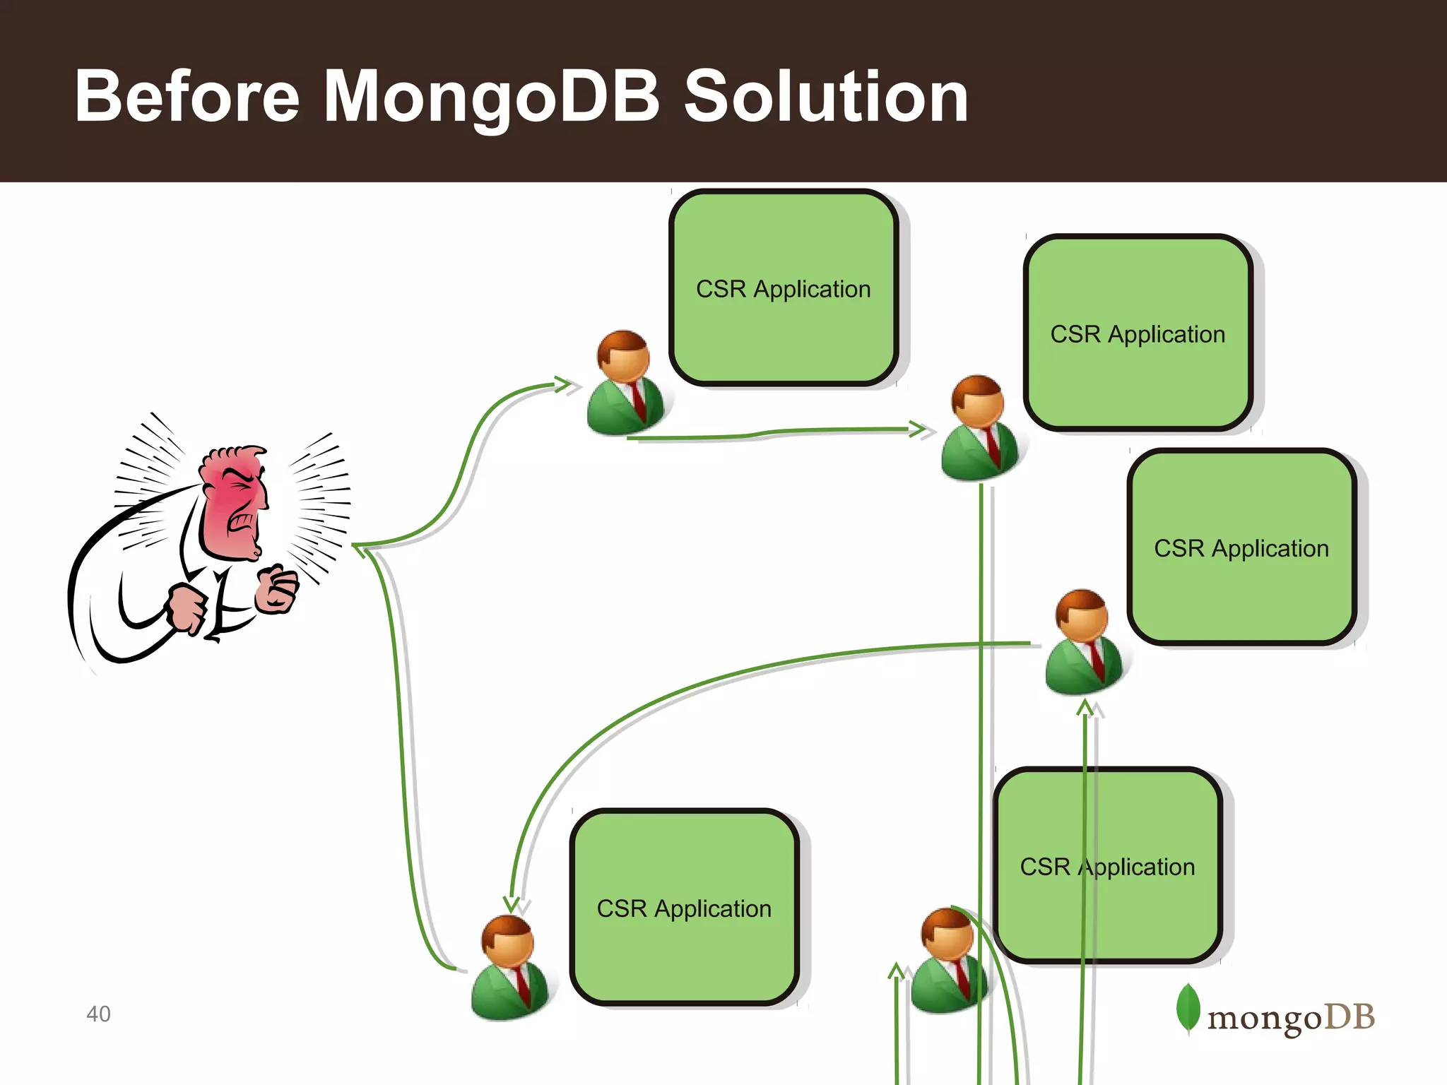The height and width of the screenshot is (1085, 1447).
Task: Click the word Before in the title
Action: (187, 97)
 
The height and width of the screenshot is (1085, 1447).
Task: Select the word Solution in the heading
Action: (826, 97)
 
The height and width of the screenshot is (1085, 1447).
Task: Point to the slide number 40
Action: (98, 1014)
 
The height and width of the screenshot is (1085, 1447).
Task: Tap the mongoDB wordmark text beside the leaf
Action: (1291, 1018)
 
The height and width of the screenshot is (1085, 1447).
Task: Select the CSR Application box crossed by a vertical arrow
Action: (1107, 865)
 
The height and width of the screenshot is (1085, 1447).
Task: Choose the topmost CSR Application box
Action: (784, 288)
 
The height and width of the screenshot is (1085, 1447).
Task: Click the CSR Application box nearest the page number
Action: (684, 908)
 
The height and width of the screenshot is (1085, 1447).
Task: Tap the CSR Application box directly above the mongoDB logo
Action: (1241, 547)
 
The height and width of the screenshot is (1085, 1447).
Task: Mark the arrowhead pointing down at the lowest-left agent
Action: (512, 905)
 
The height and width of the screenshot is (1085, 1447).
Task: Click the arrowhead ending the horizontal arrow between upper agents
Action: (918, 429)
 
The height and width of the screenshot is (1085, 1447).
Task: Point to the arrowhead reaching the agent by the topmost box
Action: (564, 385)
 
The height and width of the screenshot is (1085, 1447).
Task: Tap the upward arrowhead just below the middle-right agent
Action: (1085, 707)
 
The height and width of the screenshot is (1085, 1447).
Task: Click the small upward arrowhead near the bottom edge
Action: (896, 971)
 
